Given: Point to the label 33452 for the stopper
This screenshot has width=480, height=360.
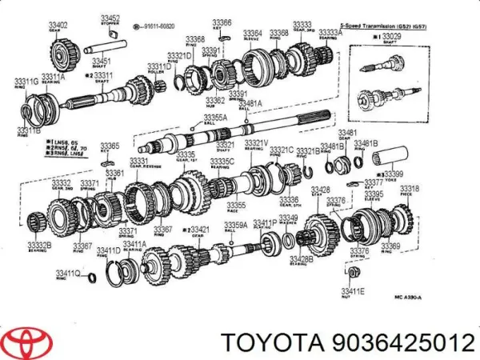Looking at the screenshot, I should point(110,18).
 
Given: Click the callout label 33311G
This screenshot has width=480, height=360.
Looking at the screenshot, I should point(24,82).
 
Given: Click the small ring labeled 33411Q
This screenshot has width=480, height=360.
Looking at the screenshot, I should point(92,277).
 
